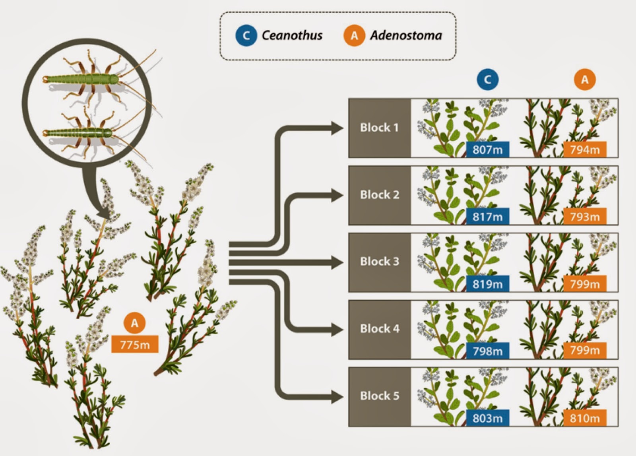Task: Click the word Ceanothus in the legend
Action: (x=292, y=35)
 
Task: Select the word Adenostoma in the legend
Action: (x=406, y=35)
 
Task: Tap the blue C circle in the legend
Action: (x=246, y=35)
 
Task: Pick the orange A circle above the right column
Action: (x=585, y=80)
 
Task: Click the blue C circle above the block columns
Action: (x=487, y=80)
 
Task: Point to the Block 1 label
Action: (x=379, y=128)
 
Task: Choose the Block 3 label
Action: (x=379, y=262)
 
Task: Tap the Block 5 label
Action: (x=379, y=396)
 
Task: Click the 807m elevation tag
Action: (x=487, y=149)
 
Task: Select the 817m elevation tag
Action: (x=487, y=217)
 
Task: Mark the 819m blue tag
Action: (x=487, y=284)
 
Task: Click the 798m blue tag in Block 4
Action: (x=487, y=351)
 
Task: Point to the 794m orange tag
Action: (x=585, y=149)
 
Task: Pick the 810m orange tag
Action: (x=585, y=418)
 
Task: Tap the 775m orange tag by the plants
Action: (x=135, y=344)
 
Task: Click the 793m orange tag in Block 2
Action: (x=585, y=217)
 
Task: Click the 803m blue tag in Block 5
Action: (x=487, y=418)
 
